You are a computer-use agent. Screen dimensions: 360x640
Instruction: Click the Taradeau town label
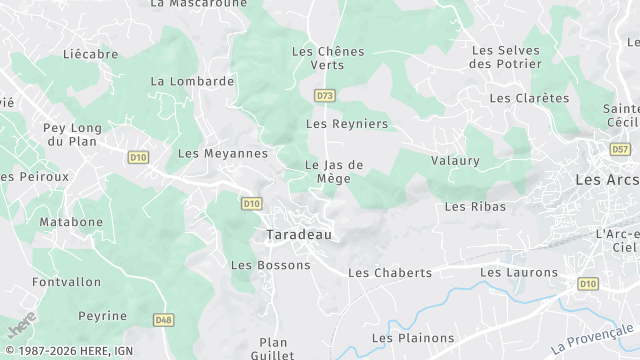[x=299, y=235]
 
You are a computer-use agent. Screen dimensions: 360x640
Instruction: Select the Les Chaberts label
[x=389, y=272]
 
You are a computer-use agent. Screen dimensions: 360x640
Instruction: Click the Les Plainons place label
[x=413, y=338]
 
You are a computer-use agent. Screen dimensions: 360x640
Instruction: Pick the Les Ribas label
[x=475, y=207]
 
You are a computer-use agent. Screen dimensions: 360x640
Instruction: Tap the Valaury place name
[x=455, y=160]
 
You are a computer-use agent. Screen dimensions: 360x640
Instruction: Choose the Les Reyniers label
[x=346, y=124]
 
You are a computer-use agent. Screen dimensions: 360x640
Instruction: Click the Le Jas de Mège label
[x=333, y=172]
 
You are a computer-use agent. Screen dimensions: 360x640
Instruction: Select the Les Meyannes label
[x=223, y=153]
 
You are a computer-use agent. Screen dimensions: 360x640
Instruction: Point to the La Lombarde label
[x=192, y=81]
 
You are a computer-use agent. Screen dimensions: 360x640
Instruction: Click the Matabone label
[x=71, y=222]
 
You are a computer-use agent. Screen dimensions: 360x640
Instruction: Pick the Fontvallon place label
[x=66, y=282]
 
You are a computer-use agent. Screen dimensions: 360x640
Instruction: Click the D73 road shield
[x=324, y=96]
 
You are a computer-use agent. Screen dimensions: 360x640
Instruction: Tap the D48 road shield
[x=163, y=320]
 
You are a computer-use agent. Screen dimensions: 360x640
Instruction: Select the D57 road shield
[x=620, y=149]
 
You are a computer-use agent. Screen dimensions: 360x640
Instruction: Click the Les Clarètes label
[x=529, y=98]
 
